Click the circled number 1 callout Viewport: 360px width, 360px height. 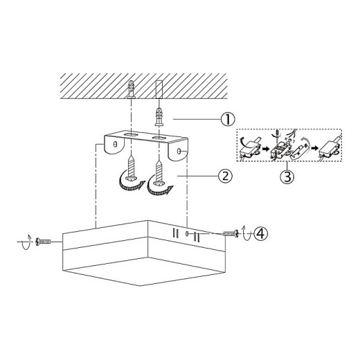228,119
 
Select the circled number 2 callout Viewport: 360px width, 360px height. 226,176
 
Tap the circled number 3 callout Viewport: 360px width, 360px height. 287,177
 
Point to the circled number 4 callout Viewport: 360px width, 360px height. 261,233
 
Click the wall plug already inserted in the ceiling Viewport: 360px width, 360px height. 131,89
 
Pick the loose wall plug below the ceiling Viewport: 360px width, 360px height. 159,116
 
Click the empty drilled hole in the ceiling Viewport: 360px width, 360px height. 159,89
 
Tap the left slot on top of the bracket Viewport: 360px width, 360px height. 130,134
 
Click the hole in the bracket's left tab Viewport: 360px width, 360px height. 116,145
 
